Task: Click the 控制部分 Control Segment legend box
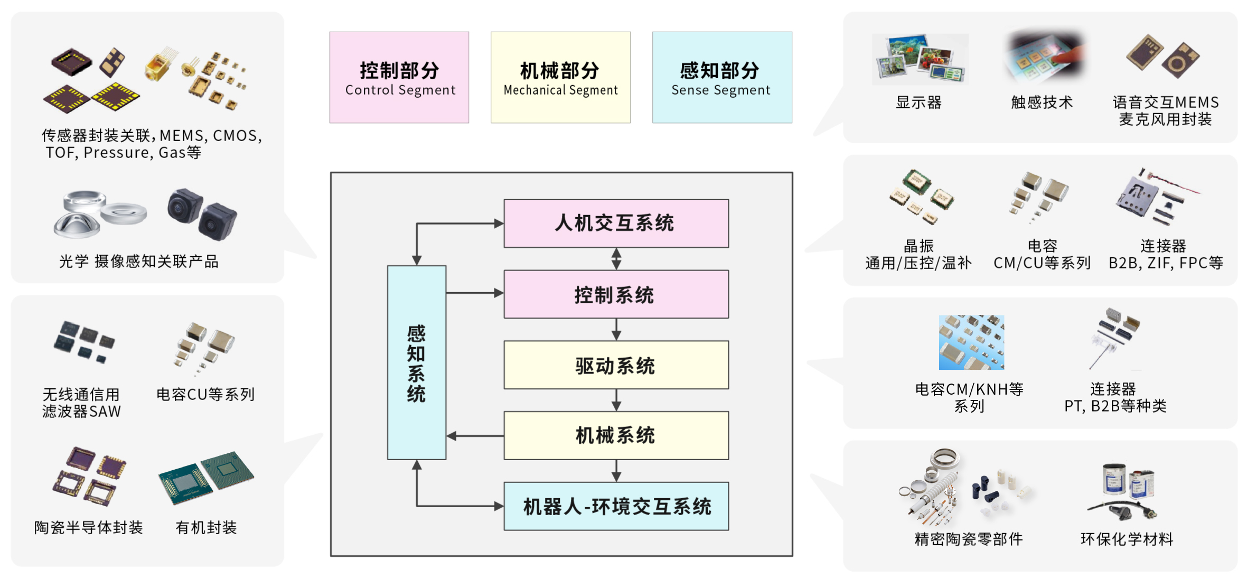(399, 77)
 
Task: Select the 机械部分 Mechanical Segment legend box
(560, 77)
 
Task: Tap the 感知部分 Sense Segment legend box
(722, 77)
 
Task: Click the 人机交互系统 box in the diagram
(616, 223)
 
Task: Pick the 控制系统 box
(616, 294)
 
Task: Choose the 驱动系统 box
(616, 365)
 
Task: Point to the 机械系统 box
(616, 435)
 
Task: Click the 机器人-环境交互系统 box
(616, 506)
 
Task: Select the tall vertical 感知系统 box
(416, 362)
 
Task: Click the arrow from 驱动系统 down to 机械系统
(616, 400)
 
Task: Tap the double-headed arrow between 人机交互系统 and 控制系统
(616, 259)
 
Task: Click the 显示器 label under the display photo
(918, 102)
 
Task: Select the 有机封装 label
(206, 527)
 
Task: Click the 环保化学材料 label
(1127, 539)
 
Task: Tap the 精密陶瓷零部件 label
(969, 539)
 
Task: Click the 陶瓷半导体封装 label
(88, 527)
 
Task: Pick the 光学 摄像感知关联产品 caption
(138, 262)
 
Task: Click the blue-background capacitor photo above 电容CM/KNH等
(971, 342)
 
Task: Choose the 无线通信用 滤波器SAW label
(81, 403)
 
